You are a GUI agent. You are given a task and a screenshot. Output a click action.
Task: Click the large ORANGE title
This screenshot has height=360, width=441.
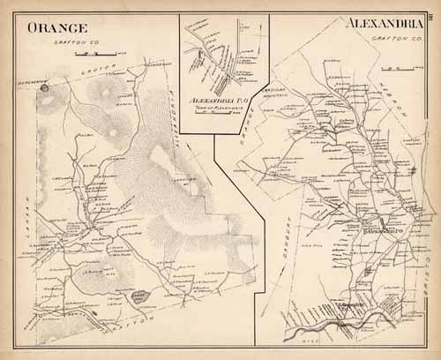tap(56, 27)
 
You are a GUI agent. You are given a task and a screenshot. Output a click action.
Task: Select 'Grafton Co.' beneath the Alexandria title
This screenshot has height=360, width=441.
tap(389, 38)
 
